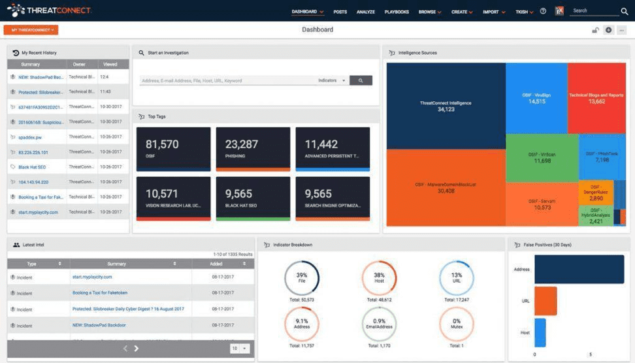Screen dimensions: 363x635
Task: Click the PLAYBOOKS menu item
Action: pos(397,12)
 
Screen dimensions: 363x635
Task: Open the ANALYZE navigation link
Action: pos(366,12)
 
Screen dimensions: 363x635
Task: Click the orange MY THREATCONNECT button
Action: pos(31,29)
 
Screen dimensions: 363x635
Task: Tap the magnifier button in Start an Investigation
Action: pos(361,80)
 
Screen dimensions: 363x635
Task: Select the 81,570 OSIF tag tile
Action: pos(173,149)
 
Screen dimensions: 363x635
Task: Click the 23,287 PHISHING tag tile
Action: pos(253,149)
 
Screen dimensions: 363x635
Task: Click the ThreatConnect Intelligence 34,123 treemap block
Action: pos(446,106)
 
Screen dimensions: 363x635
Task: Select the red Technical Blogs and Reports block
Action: pos(596,98)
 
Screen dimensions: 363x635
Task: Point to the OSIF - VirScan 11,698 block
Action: pos(542,157)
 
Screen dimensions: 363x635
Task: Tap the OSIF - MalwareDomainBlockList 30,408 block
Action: pos(446,188)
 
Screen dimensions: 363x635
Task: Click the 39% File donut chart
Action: pos(301,278)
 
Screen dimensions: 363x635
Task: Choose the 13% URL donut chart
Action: pos(456,278)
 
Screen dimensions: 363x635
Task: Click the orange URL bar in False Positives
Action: pos(545,301)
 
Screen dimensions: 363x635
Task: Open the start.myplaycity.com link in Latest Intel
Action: pos(92,277)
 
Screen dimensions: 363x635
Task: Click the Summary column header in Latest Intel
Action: pos(117,264)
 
